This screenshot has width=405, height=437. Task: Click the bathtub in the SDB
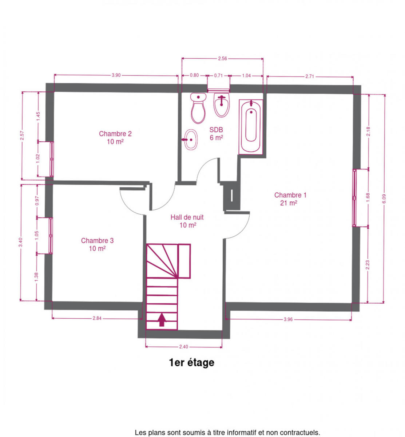[x=251, y=127]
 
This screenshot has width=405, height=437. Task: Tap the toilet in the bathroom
[x=198, y=108]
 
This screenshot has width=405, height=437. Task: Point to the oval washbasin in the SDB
[x=190, y=139]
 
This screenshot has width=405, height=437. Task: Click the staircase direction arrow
[x=162, y=319]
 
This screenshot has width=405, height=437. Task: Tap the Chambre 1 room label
[x=290, y=199]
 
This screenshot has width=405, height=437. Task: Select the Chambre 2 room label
[x=115, y=138]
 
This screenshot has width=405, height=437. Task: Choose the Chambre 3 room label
[x=97, y=244]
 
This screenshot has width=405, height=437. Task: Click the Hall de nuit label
[x=187, y=221]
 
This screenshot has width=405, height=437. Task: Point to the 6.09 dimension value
[x=384, y=199]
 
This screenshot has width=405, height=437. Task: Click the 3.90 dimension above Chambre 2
[x=116, y=75]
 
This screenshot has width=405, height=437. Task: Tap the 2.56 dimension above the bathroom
[x=222, y=59]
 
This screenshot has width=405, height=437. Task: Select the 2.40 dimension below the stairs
[x=184, y=347]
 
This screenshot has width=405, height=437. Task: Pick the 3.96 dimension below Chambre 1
[x=288, y=319]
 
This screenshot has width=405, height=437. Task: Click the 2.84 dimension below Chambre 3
[x=97, y=318]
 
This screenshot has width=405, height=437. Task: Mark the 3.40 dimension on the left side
[x=20, y=242]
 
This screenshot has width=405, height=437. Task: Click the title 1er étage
[x=191, y=362]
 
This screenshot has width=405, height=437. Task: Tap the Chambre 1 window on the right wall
[x=354, y=198]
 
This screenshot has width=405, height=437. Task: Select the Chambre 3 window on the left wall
[x=51, y=236]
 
